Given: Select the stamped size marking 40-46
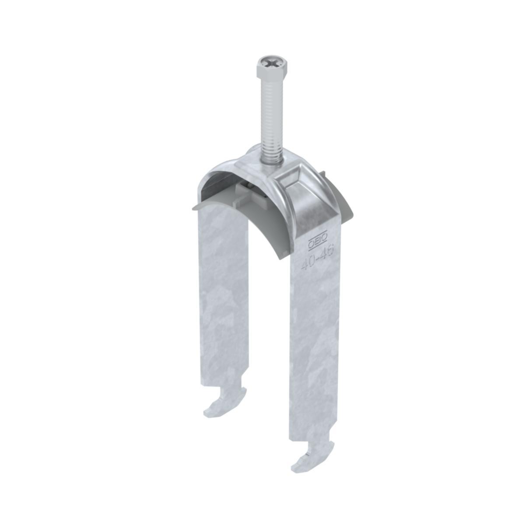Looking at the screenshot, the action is tap(318, 259).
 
